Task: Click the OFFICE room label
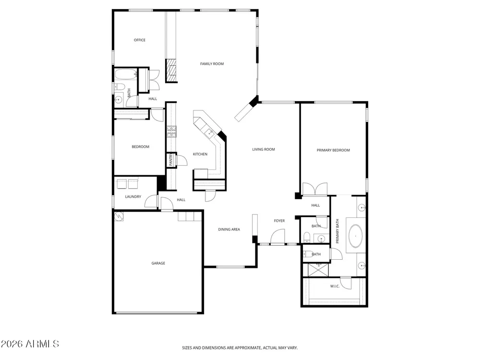[140, 40]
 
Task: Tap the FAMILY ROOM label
[212, 64]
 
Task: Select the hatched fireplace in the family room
[171, 71]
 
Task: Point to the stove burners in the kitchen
[171, 132]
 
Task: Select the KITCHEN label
[200, 154]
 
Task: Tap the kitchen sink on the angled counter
[210, 132]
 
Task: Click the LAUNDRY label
[133, 196]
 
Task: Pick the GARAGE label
[158, 263]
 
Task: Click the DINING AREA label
[229, 229]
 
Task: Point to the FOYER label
[279, 221]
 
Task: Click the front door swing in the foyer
[278, 236]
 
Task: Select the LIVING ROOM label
[264, 149]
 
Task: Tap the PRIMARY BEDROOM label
[333, 150]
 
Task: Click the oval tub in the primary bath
[355, 236]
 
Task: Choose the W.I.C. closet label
[335, 286]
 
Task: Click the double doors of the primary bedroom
[315, 189]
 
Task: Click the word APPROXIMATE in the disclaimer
[248, 348]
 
